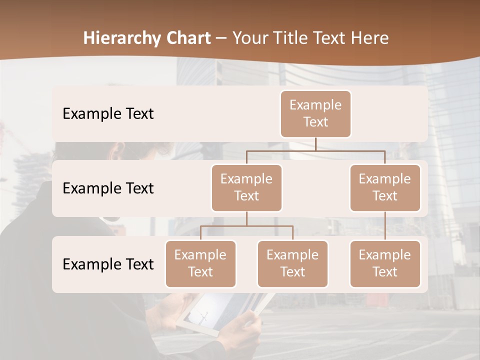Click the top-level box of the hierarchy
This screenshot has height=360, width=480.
(315, 114)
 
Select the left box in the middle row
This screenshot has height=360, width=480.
(246, 188)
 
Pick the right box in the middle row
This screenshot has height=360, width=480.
(385, 188)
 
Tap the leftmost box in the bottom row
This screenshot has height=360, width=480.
(200, 264)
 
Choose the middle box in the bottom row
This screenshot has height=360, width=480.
(292, 264)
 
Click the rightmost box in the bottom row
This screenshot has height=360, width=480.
(385, 264)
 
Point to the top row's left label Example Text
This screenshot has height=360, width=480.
(108, 114)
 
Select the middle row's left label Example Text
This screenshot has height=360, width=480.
(108, 188)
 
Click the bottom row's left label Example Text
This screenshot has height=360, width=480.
(108, 264)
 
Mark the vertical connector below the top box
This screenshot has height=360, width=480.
(315, 144)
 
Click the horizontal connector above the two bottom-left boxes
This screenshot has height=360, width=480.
(246, 226)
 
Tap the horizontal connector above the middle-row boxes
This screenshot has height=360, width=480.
(315, 150)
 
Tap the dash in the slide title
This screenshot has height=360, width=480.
(221, 38)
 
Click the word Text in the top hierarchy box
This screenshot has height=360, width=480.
(315, 122)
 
